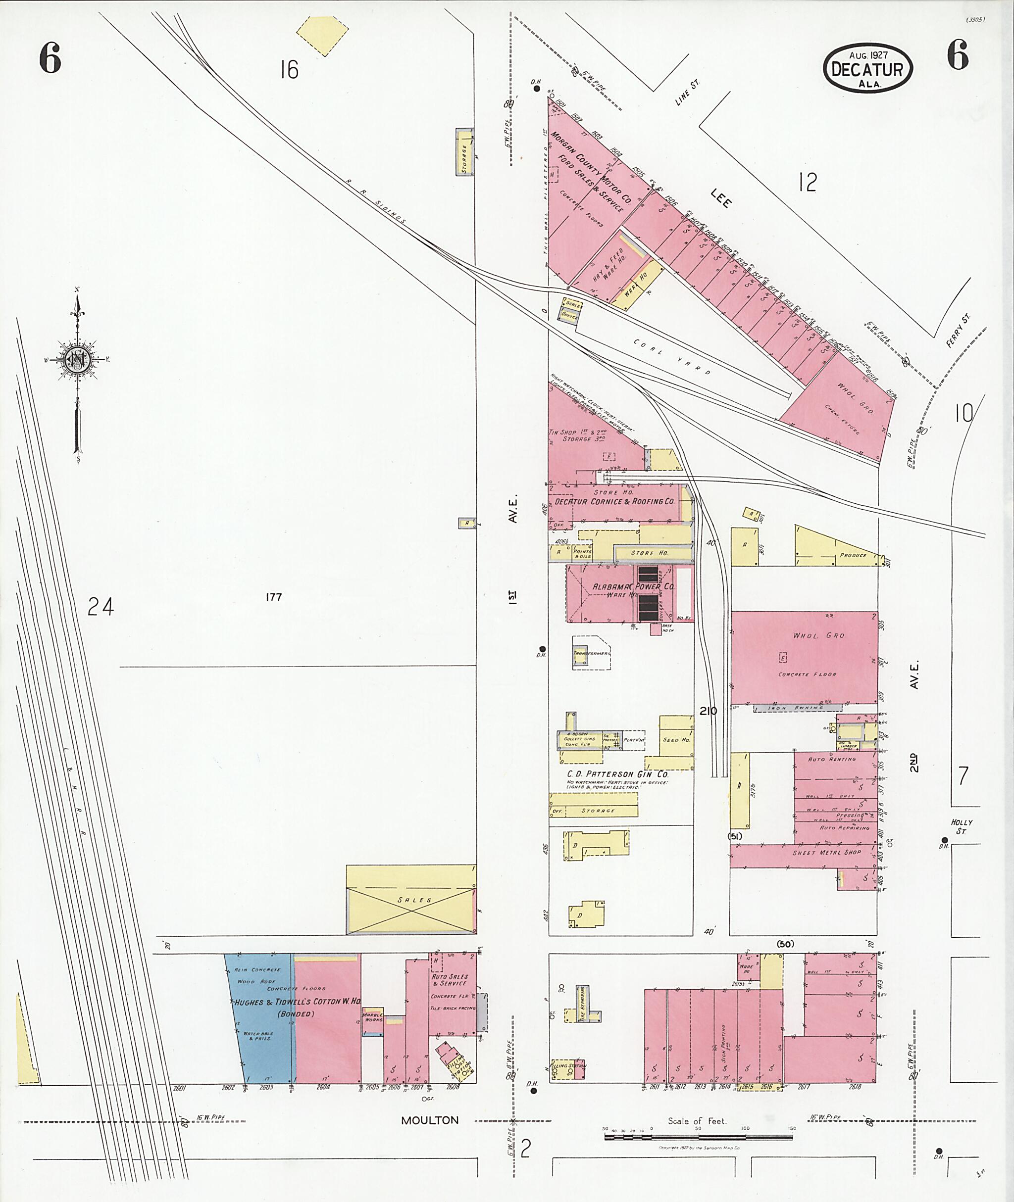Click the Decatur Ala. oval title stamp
[868, 68]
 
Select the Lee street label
[721, 198]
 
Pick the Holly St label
[960, 827]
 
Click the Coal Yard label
[672, 357]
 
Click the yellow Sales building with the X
[411, 900]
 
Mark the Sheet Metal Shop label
[827, 853]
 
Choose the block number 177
[274, 597]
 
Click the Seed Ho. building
[676, 739]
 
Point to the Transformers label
[591, 654]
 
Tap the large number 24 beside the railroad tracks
[101, 607]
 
